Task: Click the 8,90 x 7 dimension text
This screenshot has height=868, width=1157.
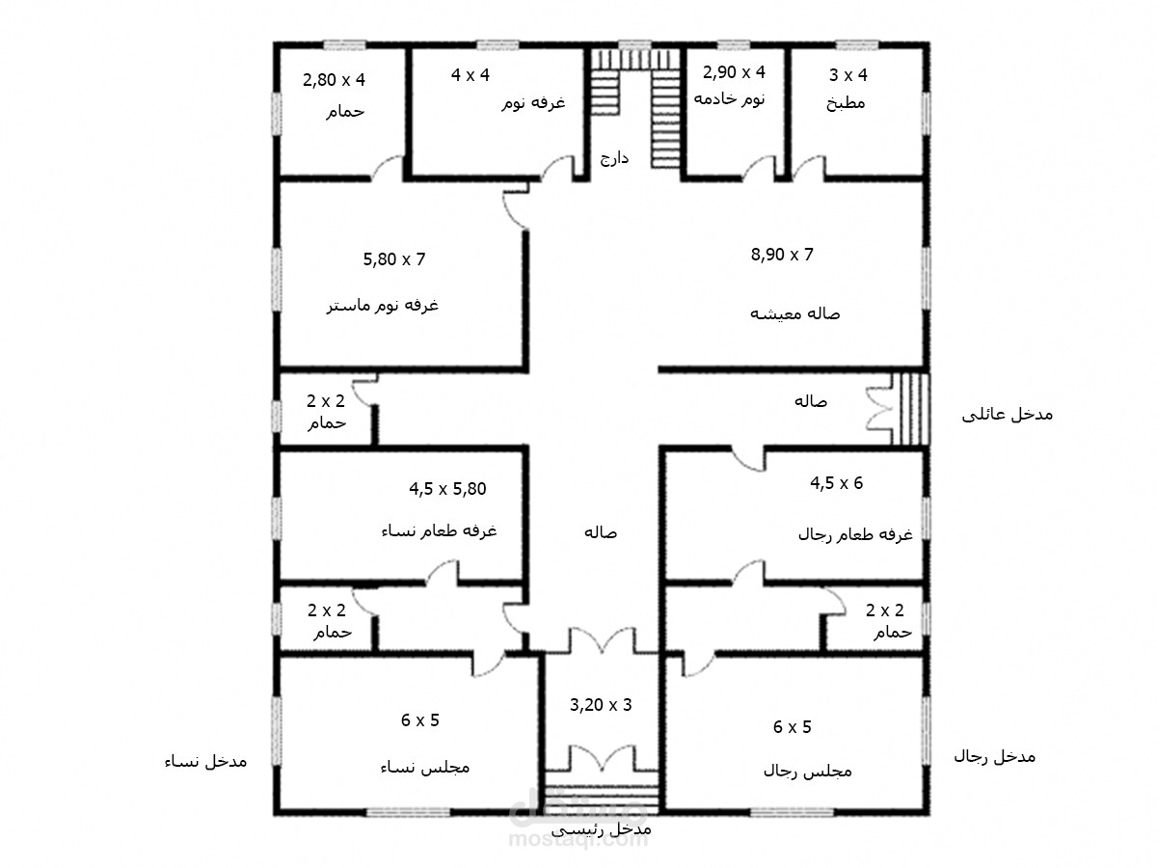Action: pyautogui.click(x=782, y=255)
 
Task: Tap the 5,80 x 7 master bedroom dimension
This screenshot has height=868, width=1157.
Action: pyautogui.click(x=393, y=259)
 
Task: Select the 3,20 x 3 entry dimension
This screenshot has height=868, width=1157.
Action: pyautogui.click(x=601, y=705)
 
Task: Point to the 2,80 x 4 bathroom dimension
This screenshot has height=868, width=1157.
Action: pyautogui.click(x=334, y=80)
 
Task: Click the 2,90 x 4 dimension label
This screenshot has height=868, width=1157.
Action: pyautogui.click(x=734, y=72)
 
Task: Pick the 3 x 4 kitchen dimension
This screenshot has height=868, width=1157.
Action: pyautogui.click(x=848, y=75)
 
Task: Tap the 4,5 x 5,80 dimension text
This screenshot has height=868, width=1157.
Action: pyautogui.click(x=447, y=489)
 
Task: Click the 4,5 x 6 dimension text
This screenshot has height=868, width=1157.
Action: pyautogui.click(x=837, y=483)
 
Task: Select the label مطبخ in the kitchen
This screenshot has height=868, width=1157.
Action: pyautogui.click(x=846, y=103)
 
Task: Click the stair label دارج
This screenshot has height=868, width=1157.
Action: pyautogui.click(x=614, y=158)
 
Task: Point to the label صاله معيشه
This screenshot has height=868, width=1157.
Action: pyautogui.click(x=794, y=314)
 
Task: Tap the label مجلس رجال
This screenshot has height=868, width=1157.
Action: pyautogui.click(x=808, y=772)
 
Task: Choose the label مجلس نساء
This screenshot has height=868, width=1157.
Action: pyautogui.click(x=425, y=767)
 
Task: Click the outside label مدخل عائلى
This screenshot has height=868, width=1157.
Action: pyautogui.click(x=1008, y=415)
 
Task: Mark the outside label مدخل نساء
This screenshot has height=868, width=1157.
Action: pyautogui.click(x=205, y=762)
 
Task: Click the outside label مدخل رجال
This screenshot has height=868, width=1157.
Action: pyautogui.click(x=995, y=757)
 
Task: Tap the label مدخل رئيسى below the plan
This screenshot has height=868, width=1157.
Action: pyautogui.click(x=602, y=829)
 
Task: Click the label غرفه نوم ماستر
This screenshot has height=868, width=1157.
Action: pyautogui.click(x=382, y=306)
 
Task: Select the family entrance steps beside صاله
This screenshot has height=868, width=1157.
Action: pyautogui.click(x=910, y=409)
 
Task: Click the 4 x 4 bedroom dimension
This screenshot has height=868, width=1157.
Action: pyautogui.click(x=471, y=75)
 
